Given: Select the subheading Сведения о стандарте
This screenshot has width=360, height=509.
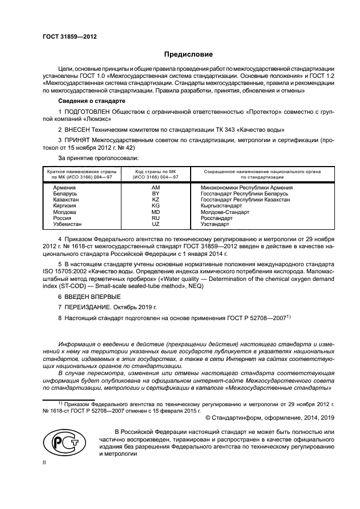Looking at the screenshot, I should [x=92, y=102].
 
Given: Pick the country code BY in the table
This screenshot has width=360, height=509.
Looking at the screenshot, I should [x=155, y=193].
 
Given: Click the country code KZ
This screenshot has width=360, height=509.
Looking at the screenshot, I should [x=155, y=200].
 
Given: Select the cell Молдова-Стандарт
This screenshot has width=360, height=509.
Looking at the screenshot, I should [x=221, y=212].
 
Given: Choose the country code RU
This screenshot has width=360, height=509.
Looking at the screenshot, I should [x=155, y=218].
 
